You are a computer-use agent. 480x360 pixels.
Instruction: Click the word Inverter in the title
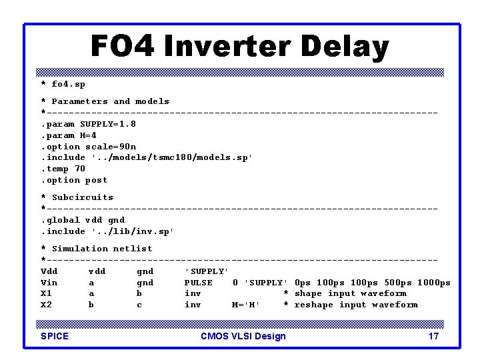[x=227, y=47]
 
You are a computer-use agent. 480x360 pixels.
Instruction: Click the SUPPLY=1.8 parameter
[x=108, y=124]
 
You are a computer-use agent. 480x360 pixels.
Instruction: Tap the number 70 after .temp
[x=80, y=169]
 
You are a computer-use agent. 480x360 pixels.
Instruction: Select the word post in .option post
[x=96, y=180]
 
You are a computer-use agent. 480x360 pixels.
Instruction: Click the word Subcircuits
[x=83, y=197]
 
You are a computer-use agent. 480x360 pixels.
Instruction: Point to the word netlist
[x=133, y=249]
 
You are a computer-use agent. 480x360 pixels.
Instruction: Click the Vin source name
[x=49, y=283]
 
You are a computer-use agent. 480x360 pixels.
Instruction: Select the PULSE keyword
[x=199, y=283]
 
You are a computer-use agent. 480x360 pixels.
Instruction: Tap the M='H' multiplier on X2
[x=246, y=305]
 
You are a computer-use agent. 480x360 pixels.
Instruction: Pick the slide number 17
[x=433, y=336]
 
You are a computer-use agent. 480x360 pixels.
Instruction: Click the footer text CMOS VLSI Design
[x=243, y=336]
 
